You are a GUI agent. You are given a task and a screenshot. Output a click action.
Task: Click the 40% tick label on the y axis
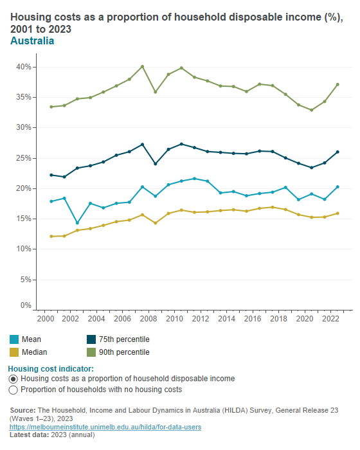24,67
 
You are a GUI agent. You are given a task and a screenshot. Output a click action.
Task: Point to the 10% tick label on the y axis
24,249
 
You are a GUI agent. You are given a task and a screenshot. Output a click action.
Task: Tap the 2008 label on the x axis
148,319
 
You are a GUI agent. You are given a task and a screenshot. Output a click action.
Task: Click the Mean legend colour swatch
15,339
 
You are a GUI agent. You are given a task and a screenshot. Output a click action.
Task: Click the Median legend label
34,352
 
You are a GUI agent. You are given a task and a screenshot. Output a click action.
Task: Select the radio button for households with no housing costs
14,390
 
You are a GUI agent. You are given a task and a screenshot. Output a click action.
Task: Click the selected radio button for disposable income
14,379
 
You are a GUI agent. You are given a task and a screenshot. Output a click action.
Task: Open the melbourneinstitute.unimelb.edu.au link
106,428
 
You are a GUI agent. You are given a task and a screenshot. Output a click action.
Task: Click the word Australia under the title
32,41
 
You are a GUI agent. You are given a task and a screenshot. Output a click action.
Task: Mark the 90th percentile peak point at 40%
142,66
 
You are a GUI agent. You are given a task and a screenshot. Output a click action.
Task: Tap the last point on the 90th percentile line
337,85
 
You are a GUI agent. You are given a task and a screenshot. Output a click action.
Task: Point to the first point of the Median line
51,237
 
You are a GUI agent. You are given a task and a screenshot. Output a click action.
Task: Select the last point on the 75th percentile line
337,152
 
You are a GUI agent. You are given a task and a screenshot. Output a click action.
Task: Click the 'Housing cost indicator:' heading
51,369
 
